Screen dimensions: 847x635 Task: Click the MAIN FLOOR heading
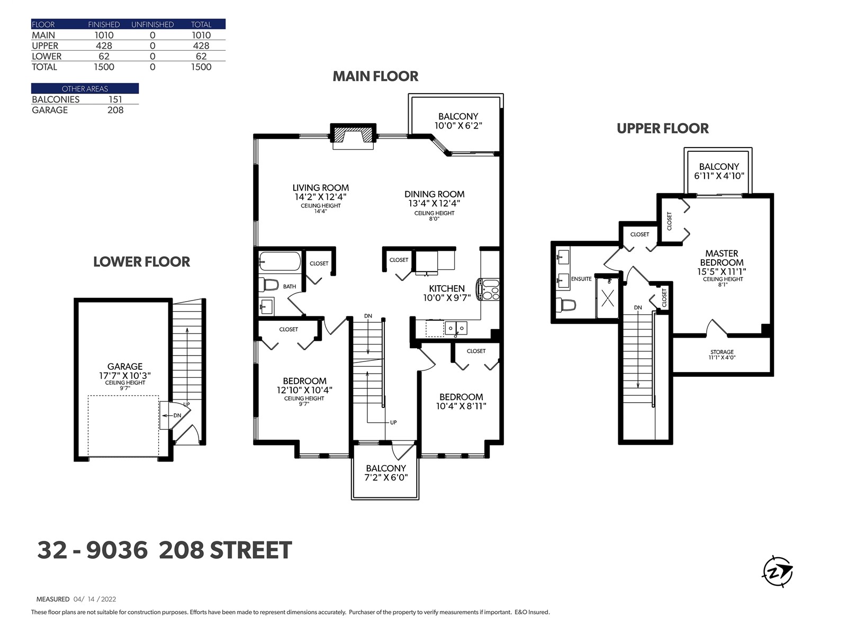pyautogui.click(x=375, y=76)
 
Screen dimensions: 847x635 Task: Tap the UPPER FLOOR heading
pyautogui.click(x=663, y=129)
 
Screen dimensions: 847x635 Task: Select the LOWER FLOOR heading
pyautogui.click(x=142, y=262)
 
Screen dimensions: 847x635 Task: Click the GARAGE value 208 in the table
pyautogui.click(x=115, y=110)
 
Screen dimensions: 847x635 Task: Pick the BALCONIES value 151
pyautogui.click(x=115, y=99)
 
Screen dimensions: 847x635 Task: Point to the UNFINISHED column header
pyautogui.click(x=152, y=25)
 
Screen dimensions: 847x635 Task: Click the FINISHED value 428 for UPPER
pyautogui.click(x=104, y=46)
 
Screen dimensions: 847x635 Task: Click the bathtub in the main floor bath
pyautogui.click(x=280, y=261)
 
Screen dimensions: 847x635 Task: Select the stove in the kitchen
pyautogui.click(x=489, y=289)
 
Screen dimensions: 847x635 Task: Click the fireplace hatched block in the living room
pyautogui.click(x=353, y=135)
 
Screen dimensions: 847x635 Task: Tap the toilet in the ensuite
pyautogui.click(x=566, y=305)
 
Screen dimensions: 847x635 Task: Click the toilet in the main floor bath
pyautogui.click(x=268, y=285)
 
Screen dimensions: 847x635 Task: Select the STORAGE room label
pyautogui.click(x=722, y=352)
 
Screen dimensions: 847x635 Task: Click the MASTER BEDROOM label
pyautogui.click(x=722, y=258)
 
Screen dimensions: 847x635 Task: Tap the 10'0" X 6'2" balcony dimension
pyautogui.click(x=458, y=126)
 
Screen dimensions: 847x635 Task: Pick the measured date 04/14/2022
pyautogui.click(x=95, y=599)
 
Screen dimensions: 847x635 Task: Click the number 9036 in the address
pyautogui.click(x=117, y=550)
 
